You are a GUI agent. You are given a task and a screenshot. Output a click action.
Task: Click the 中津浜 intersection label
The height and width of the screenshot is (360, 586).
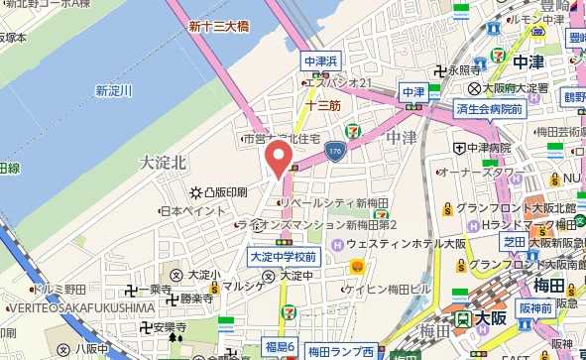point(322,60)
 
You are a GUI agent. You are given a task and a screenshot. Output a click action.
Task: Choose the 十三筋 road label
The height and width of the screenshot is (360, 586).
point(323,103)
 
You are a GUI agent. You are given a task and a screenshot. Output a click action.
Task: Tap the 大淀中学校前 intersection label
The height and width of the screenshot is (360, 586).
point(283,258)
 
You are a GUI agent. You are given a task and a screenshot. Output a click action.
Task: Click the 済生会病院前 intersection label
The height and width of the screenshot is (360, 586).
point(490,108)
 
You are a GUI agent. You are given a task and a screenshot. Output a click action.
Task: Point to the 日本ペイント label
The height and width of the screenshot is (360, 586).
point(192,210)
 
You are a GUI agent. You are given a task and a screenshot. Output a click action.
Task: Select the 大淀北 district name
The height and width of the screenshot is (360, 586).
point(163,161)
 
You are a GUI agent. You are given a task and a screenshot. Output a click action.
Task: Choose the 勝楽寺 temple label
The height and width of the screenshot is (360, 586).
point(197,297)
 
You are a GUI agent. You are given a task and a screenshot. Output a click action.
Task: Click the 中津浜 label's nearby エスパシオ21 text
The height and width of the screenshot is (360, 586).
point(337,81)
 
